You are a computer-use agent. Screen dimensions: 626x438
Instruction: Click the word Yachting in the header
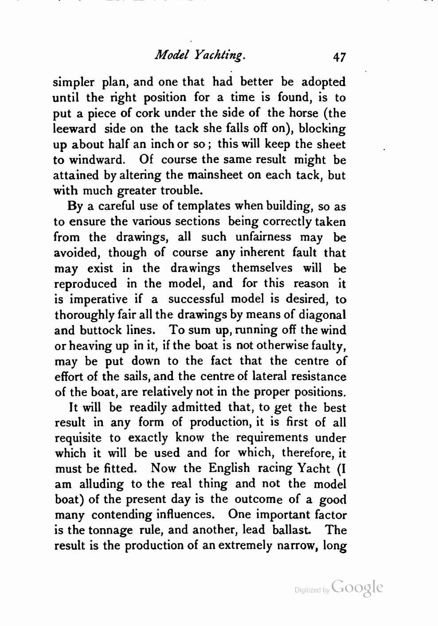tap(218, 55)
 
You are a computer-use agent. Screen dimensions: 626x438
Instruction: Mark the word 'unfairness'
tap(263, 237)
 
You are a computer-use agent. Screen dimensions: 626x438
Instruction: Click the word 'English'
tap(229, 468)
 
